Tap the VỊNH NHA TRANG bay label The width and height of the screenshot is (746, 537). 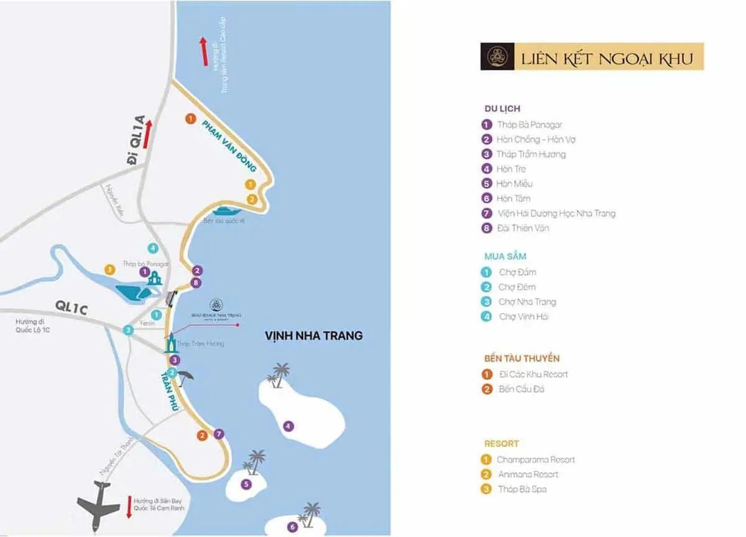pos(313,336)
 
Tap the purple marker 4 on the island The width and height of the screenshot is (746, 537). pos(288,426)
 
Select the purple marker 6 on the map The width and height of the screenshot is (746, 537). pos(293,527)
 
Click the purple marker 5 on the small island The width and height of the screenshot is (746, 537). pos(247,484)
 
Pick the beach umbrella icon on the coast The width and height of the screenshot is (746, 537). pos(186,375)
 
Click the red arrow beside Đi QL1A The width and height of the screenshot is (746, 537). pos(147,135)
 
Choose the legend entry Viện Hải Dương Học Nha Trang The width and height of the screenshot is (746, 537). pos(556,213)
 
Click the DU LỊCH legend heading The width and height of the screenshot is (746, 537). pos(502,109)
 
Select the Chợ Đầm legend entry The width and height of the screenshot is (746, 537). pos(517,272)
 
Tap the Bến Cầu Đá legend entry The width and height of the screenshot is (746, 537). pos(522,389)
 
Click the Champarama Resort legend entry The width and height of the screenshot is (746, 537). pos(535,460)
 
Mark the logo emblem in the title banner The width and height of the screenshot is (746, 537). pos(497,57)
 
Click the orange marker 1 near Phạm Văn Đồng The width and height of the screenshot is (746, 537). pos(191,118)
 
